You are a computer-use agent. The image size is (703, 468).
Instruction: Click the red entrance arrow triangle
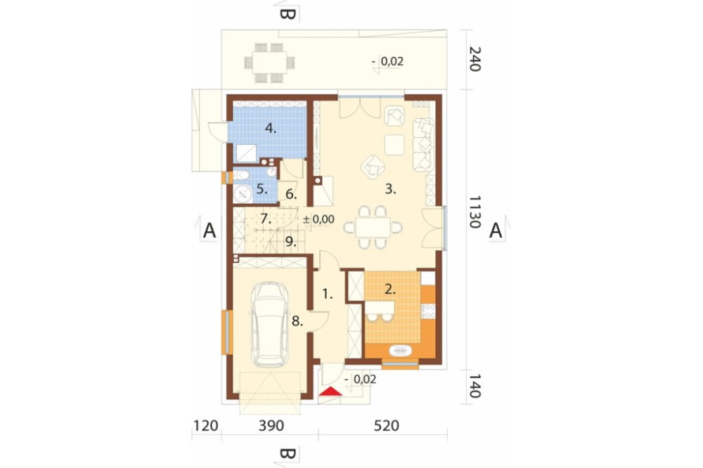(x=330, y=391)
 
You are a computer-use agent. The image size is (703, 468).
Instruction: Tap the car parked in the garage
(x=270, y=325)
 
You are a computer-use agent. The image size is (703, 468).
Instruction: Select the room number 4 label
(x=271, y=128)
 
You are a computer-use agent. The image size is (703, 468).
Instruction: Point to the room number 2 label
(x=390, y=289)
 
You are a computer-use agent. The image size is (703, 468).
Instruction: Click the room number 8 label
(x=297, y=321)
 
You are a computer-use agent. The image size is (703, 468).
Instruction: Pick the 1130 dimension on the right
(x=475, y=212)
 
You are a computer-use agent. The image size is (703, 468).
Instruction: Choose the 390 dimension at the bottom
(x=271, y=425)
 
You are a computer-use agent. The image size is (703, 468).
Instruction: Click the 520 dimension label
(x=387, y=425)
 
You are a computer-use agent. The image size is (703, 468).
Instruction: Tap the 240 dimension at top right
(x=475, y=59)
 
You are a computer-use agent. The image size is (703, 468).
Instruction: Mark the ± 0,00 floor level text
(x=318, y=219)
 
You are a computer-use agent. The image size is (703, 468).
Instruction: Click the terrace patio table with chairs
(x=269, y=63)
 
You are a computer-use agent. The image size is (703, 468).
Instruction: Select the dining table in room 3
(x=373, y=227)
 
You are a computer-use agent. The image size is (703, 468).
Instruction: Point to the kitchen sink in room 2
(x=401, y=350)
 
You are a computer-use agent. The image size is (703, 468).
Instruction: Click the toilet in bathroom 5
(x=240, y=175)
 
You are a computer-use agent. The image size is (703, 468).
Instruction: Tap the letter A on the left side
(x=209, y=230)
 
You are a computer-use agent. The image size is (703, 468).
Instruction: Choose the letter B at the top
(x=288, y=14)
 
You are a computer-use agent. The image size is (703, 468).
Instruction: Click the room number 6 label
(x=291, y=195)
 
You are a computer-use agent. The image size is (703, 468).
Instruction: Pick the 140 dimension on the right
(x=475, y=386)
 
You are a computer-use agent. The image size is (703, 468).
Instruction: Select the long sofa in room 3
(x=423, y=144)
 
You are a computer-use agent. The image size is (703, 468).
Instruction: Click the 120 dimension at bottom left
(x=206, y=425)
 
